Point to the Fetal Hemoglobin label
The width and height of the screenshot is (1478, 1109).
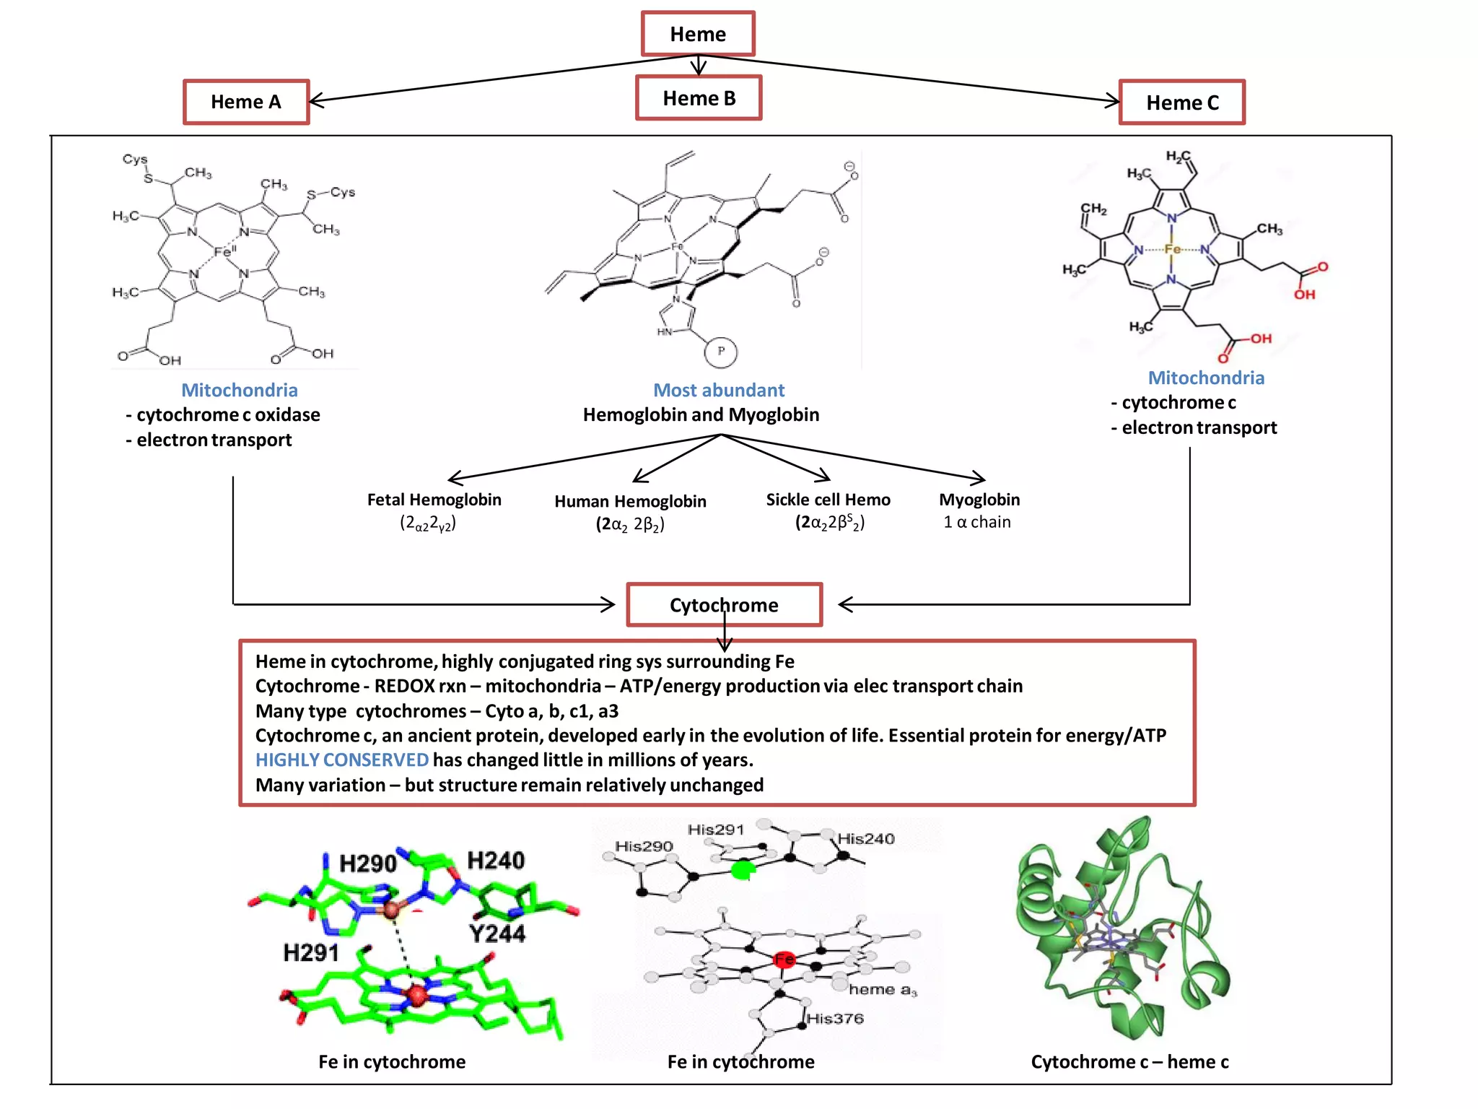coord(434,500)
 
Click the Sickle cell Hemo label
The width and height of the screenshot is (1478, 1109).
coord(828,500)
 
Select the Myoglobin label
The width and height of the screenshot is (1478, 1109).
coord(979,500)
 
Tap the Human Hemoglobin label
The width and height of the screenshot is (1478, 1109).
coord(630,501)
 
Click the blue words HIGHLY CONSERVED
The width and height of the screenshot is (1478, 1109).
coord(342,760)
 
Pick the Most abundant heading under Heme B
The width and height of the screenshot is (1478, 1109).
coord(719,390)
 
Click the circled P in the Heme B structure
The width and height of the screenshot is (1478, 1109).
coord(720,352)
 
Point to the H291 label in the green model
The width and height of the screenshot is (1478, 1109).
coord(311,953)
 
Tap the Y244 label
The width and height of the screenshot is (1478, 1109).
coord(497,934)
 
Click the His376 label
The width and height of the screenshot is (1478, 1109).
coord(835,1018)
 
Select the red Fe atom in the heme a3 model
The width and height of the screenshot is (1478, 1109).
coord(784,960)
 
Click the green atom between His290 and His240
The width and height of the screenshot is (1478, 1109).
coord(741,870)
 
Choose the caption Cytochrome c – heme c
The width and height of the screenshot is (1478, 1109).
coord(1129,1061)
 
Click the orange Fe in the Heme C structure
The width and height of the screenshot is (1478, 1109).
coord(1172,249)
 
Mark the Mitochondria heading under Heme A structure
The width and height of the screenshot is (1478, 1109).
coord(240,390)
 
